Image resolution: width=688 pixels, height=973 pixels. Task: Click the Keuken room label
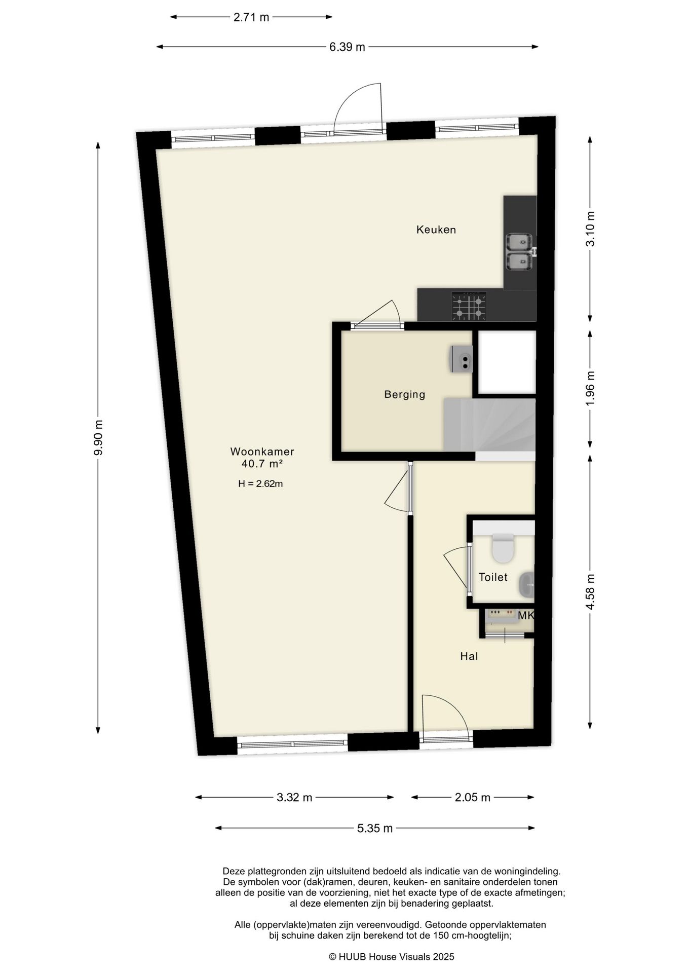point(436,230)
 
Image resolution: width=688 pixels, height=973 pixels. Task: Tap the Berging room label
point(404,394)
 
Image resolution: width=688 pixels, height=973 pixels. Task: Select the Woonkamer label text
point(262,452)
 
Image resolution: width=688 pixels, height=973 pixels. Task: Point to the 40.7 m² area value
point(262,464)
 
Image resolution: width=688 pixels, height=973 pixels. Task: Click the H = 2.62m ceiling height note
point(260,484)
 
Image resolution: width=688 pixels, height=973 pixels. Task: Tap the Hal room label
point(469,657)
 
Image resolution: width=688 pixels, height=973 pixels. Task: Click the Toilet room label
point(493,577)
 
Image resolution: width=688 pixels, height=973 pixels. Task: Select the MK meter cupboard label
point(526,616)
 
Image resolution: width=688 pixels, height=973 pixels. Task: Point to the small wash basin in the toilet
point(526,585)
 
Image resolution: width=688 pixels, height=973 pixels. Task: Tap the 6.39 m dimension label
point(347,47)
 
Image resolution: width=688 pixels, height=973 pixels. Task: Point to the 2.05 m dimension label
point(472,798)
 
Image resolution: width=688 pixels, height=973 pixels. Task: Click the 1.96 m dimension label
point(590,389)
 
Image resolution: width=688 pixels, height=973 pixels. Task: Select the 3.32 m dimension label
point(294,798)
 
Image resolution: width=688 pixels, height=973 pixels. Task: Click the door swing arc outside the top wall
point(357,106)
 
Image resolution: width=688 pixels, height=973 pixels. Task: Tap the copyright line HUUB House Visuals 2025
point(391,957)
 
